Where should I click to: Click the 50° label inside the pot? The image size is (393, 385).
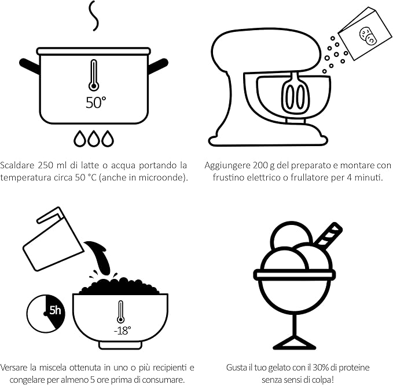[x=96, y=103]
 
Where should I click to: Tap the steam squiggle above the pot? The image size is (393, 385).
[x=94, y=16]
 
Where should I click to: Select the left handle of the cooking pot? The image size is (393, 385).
[x=30, y=66]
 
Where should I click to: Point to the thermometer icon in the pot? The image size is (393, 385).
[x=94, y=75]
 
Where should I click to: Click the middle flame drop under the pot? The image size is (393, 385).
[x=94, y=139]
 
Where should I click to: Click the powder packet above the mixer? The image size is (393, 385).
[x=365, y=34]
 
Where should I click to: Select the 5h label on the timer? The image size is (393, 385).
[x=55, y=310]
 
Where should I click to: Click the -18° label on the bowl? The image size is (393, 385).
[x=122, y=330]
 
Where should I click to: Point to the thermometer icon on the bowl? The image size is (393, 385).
[x=120, y=312]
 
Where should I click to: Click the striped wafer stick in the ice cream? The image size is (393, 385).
[x=328, y=234]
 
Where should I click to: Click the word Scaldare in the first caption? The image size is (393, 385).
[x=17, y=165]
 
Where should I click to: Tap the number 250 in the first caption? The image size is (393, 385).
[x=45, y=165]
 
